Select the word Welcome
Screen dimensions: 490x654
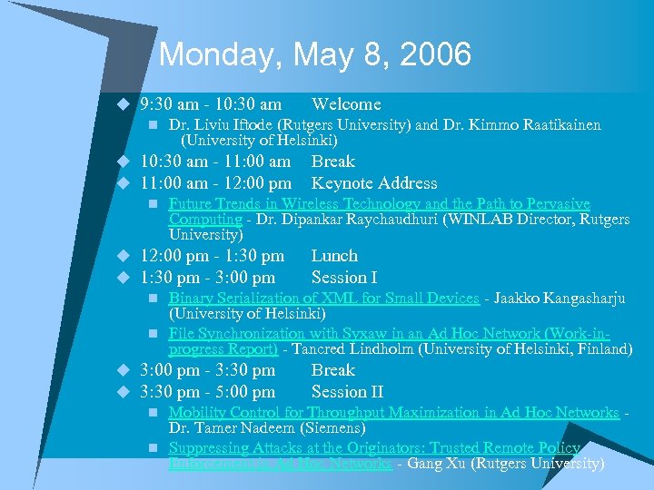pos(346,104)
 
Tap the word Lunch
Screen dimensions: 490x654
pos(334,256)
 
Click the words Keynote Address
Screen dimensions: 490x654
pos(374,183)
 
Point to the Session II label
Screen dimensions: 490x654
pos(347,392)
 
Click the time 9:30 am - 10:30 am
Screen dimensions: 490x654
pos(211,104)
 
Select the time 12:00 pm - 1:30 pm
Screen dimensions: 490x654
pos(212,256)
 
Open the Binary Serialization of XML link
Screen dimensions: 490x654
pos(323,298)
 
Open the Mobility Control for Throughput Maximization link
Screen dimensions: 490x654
pos(393,413)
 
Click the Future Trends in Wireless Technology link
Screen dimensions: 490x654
pos(379,204)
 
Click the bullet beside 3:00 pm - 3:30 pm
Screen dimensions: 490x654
pos(119,371)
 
